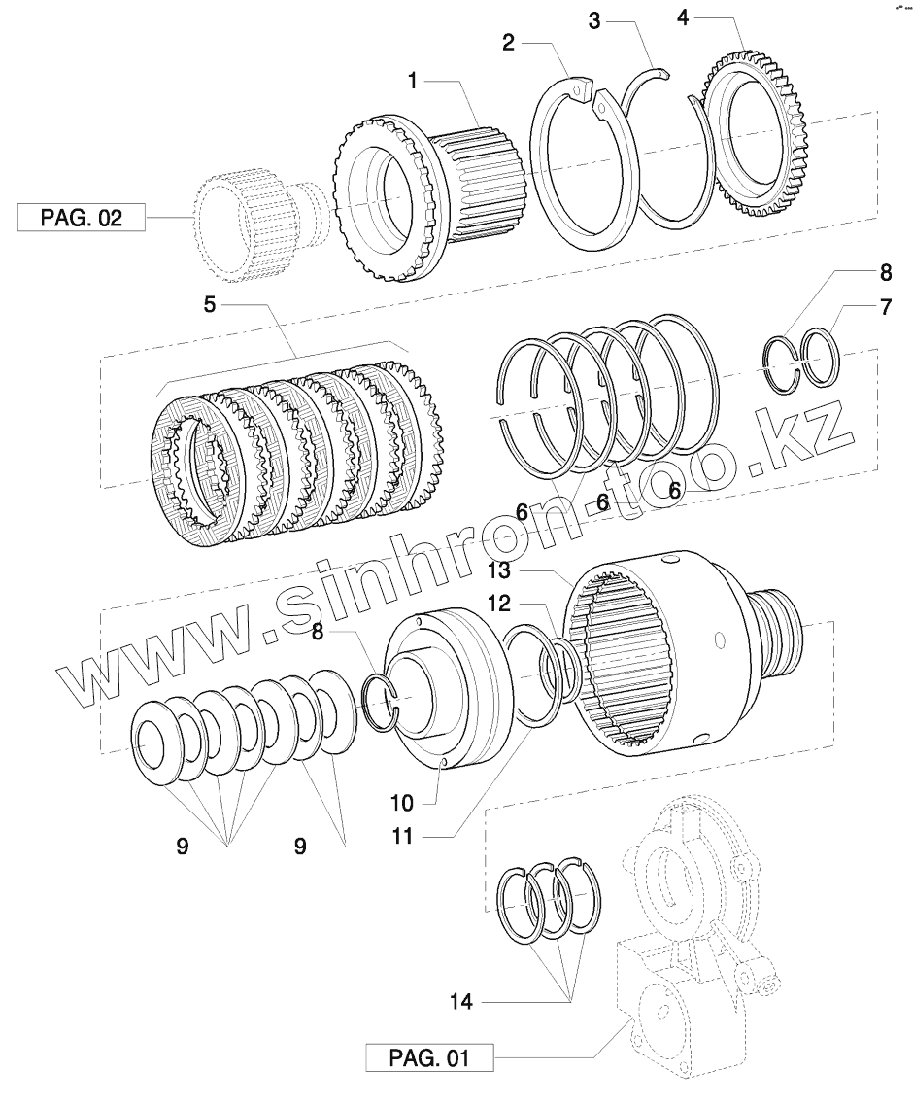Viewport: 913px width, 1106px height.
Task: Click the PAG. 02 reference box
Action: pyautogui.click(x=81, y=217)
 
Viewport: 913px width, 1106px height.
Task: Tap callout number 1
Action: pyautogui.click(x=413, y=82)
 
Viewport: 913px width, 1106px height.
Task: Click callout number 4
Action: pyautogui.click(x=685, y=17)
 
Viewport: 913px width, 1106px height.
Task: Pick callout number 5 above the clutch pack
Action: pyautogui.click(x=210, y=305)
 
